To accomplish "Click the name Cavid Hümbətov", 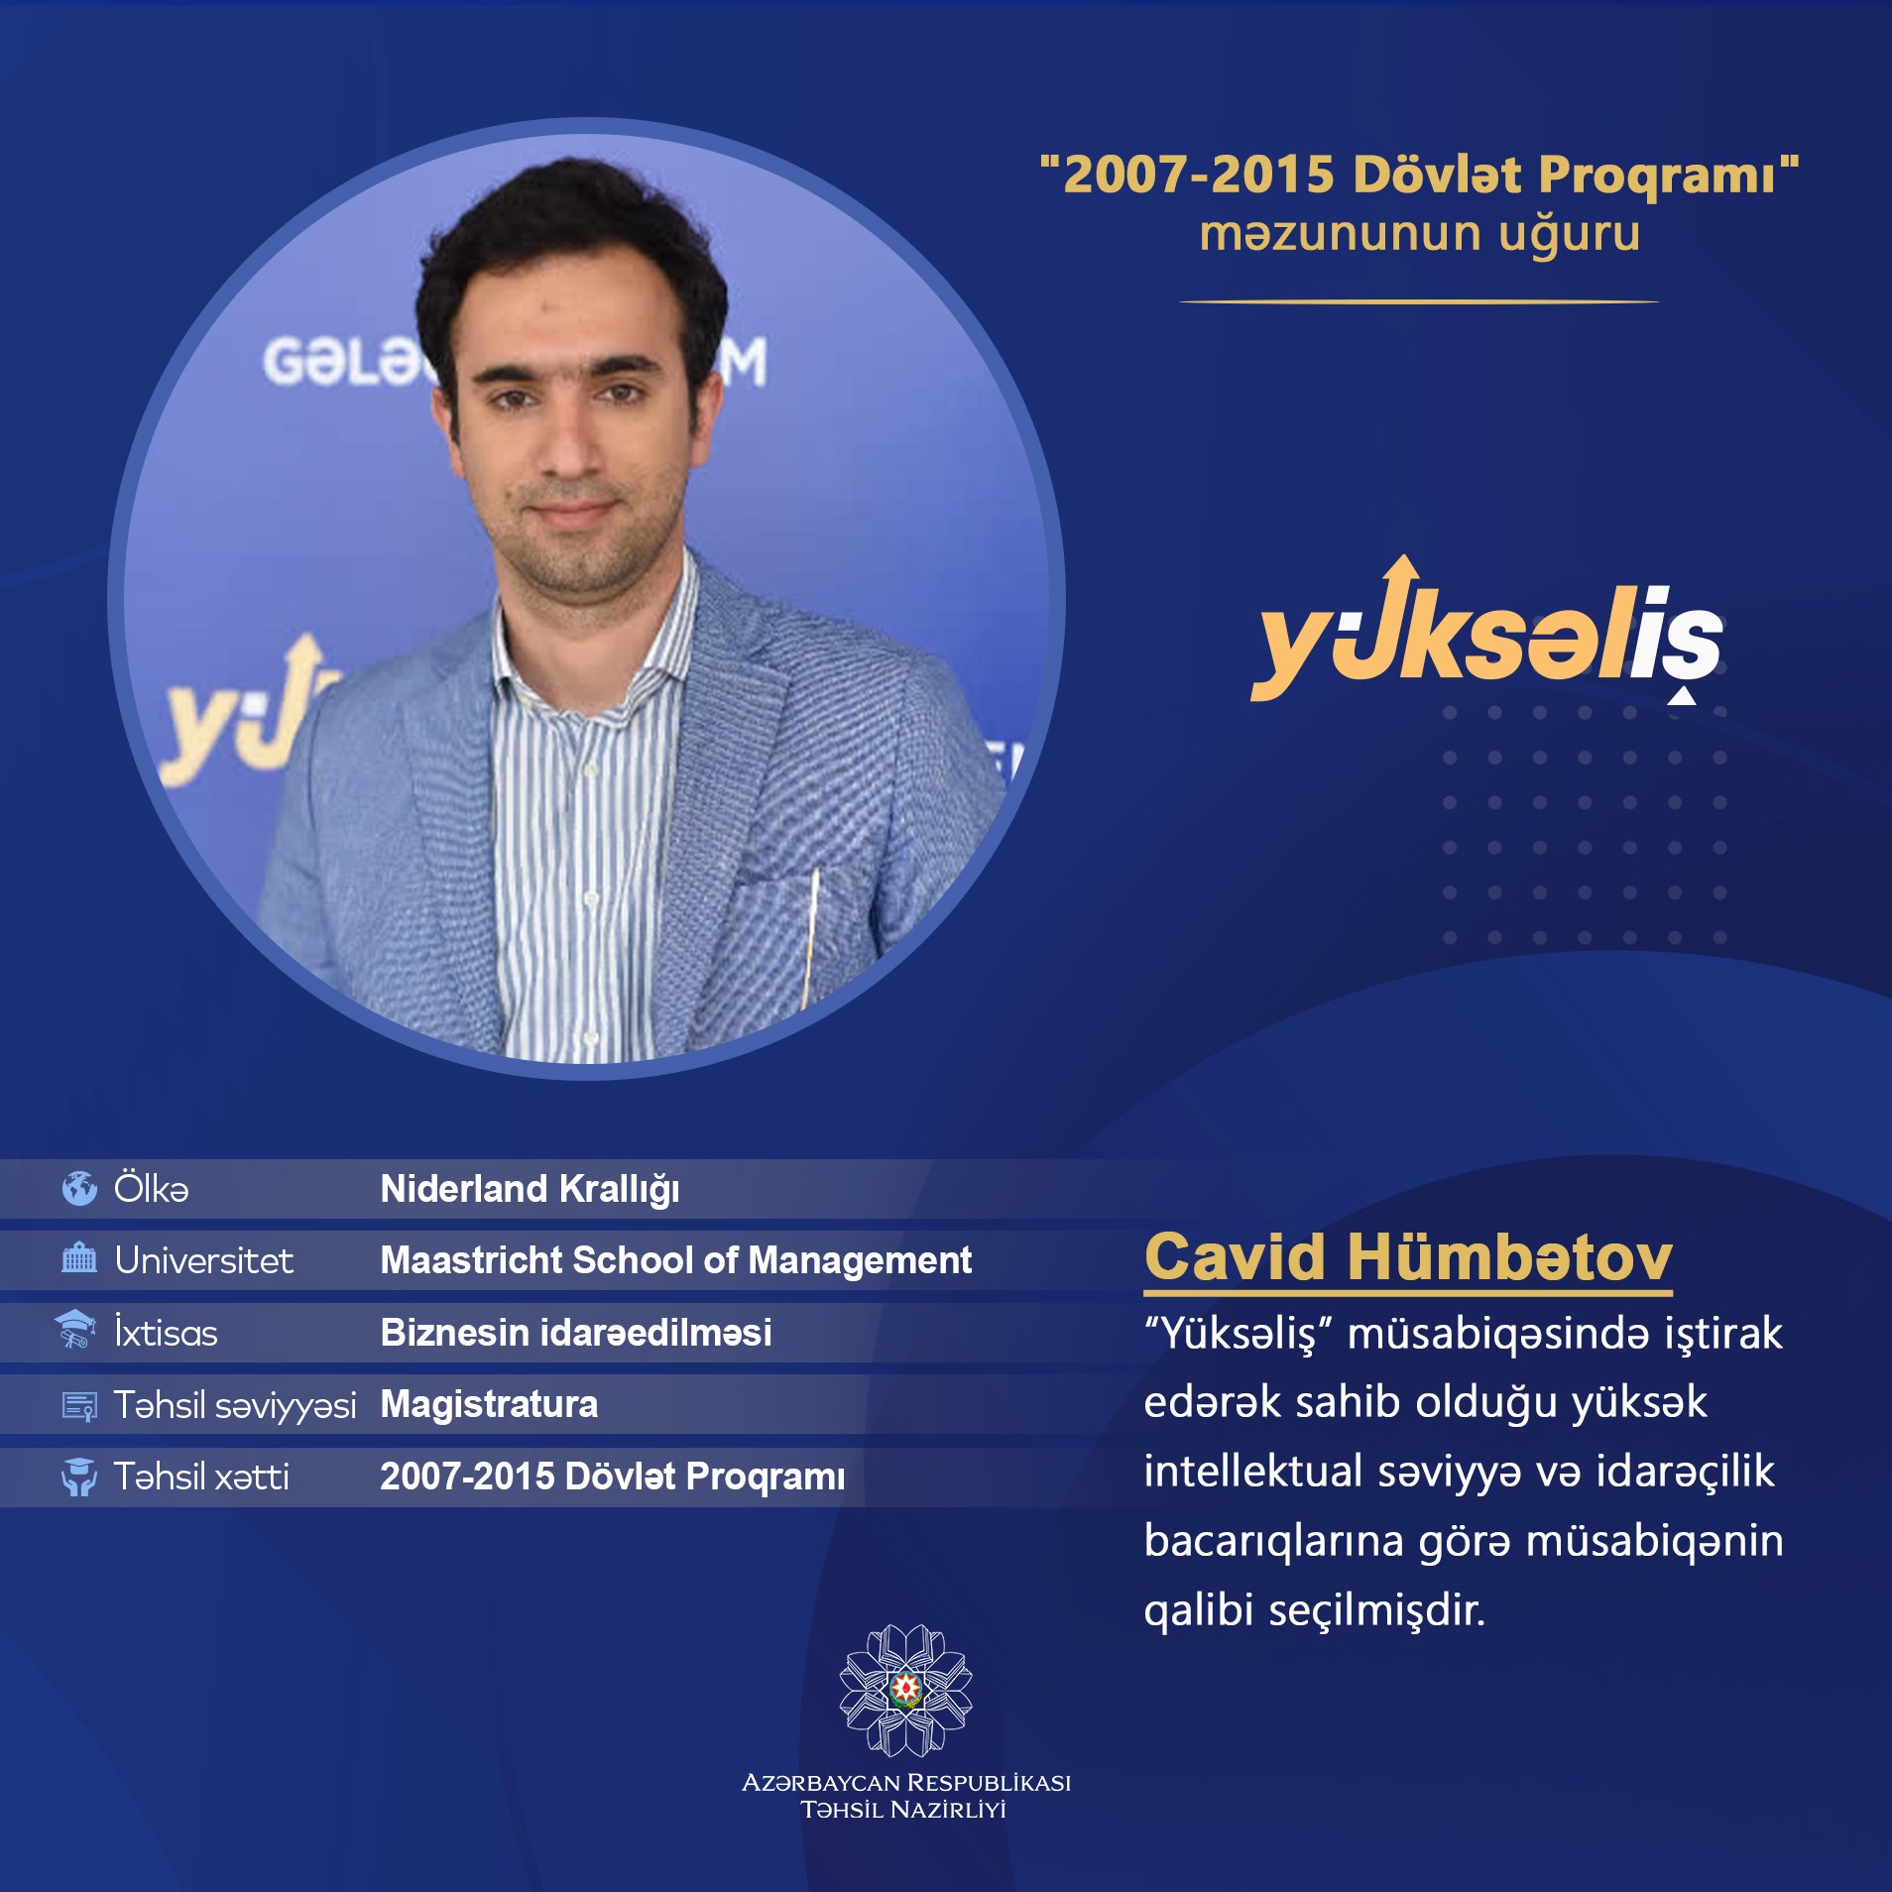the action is (x=1408, y=1257).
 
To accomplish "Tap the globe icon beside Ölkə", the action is (x=79, y=1188).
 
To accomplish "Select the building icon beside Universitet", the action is (x=79, y=1259).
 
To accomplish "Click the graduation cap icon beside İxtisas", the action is (x=76, y=1330).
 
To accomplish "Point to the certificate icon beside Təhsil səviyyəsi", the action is (x=79, y=1406).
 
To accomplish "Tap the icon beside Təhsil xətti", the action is (x=79, y=1477).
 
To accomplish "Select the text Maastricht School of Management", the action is (x=676, y=1260).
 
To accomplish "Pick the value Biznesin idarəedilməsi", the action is (x=576, y=1333).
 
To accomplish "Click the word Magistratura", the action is (x=490, y=1405).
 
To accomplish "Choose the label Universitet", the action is (x=204, y=1260).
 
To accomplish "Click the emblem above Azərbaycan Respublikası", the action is (x=905, y=1690).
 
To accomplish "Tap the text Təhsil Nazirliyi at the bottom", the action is (x=903, y=1810).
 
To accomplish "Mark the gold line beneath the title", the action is (x=1419, y=301).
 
